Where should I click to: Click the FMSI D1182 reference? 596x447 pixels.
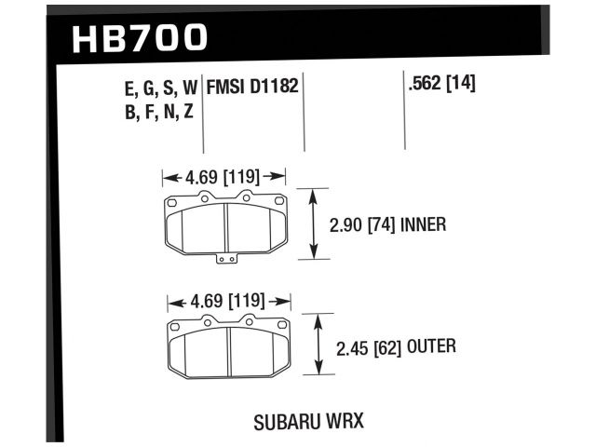coord(252,88)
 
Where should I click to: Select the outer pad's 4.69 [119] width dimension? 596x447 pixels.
coord(228,302)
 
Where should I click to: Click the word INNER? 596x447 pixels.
coord(424,224)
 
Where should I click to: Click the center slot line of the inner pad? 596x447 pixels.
coord(228,227)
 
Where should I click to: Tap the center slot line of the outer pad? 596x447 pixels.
coord(231,352)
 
